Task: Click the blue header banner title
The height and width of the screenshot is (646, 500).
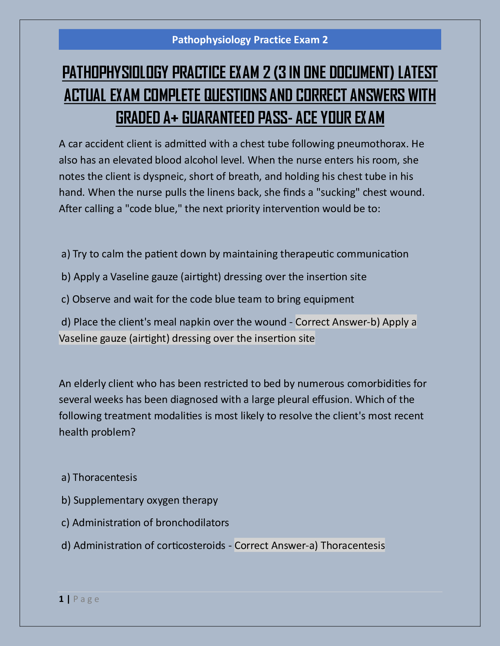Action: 250,40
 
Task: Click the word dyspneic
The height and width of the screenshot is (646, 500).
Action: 164,176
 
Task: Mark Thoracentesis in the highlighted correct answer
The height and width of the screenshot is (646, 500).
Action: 353,545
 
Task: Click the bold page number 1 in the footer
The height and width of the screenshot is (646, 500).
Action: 61,599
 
